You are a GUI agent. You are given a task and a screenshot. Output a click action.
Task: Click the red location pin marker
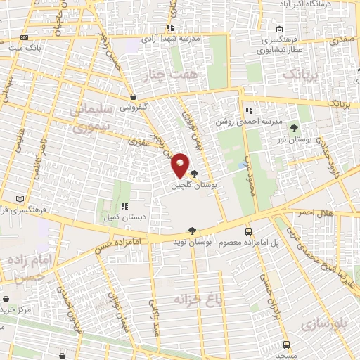pos(180,165)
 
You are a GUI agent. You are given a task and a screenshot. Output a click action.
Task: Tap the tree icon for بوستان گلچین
pos(195,174)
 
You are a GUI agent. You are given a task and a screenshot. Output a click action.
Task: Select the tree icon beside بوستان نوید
pos(192,230)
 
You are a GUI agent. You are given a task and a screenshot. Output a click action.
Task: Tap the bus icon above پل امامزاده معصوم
pos(247,231)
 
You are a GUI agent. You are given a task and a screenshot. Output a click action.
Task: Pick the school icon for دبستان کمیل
pos(124,207)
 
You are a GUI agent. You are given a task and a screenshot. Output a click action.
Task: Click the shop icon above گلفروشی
pos(133,97)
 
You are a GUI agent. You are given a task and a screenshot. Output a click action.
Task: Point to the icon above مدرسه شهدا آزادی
pos(169,28)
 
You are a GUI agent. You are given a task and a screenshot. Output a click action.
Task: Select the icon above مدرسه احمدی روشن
pos(248,110)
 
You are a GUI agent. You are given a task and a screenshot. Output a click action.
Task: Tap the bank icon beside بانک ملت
pos(25,37)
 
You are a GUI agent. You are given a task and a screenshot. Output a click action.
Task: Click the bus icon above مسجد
pos(286,344)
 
